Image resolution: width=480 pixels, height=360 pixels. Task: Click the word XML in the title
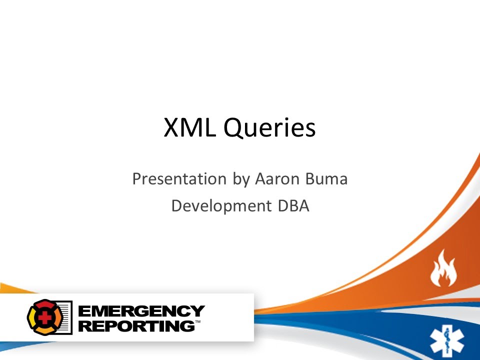point(191,128)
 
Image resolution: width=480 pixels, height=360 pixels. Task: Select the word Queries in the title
point(270,129)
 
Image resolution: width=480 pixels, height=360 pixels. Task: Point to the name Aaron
point(277,179)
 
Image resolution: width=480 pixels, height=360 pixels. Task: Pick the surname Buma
point(327,179)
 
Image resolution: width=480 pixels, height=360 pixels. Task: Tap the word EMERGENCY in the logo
point(142,311)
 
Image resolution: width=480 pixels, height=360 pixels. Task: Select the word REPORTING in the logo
point(136,326)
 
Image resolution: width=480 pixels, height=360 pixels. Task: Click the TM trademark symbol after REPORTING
point(197,322)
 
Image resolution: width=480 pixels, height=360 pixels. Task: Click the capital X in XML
point(171,128)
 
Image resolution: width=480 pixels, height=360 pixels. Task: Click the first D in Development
point(176,205)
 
